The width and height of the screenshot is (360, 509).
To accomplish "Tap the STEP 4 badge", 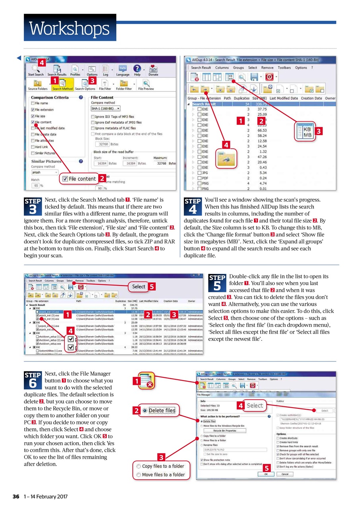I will [x=193, y=206].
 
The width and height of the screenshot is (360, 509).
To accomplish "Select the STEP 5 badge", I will [x=217, y=283].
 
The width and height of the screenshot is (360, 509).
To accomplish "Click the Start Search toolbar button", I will [x=35, y=70].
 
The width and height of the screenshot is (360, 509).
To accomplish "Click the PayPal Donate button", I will [x=153, y=70].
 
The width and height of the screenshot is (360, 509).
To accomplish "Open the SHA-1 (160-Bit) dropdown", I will [x=105, y=108].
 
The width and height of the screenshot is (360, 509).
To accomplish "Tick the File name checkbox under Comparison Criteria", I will [x=33, y=103].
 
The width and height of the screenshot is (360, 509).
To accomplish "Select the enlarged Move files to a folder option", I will [x=161, y=475].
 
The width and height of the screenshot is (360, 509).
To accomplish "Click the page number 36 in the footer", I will [x=16, y=497].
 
